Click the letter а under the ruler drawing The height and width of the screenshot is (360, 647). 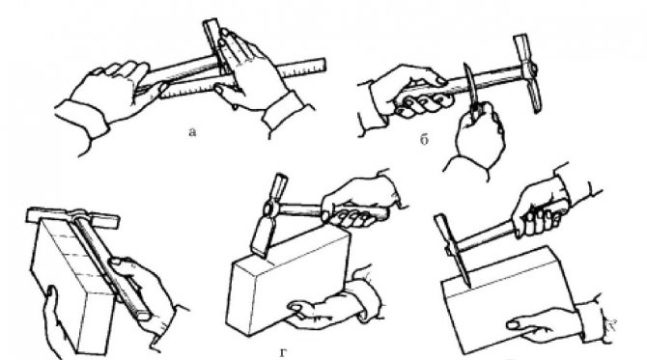(192, 132)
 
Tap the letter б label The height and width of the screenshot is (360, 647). (424, 140)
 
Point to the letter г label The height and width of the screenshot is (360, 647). (283, 353)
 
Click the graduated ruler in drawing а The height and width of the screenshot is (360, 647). (242, 79)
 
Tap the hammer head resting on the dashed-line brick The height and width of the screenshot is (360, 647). (72, 217)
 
